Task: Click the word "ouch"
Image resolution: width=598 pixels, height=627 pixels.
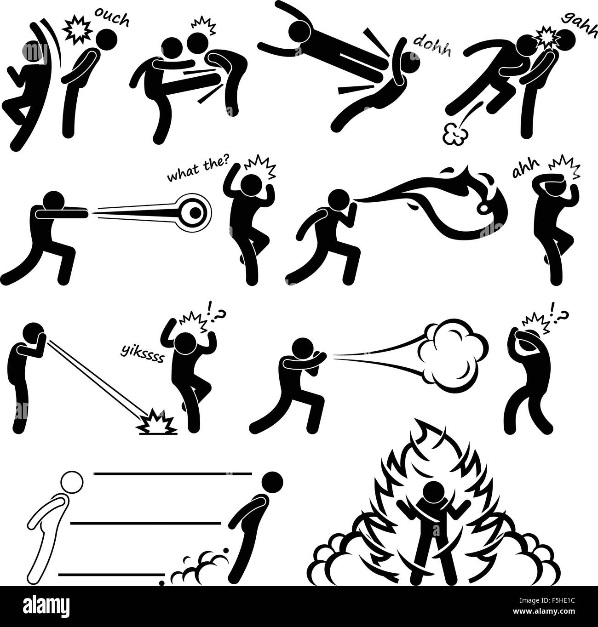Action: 112,20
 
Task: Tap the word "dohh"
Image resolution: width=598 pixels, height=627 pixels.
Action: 432,47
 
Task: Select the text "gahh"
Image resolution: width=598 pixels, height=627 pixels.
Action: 580,24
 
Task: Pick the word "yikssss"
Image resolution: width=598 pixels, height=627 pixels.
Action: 142,353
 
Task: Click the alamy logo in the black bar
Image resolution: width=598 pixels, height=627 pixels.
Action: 46,604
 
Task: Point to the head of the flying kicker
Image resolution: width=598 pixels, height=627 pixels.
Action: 299,31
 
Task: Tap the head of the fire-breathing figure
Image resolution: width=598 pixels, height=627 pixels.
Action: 339,202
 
